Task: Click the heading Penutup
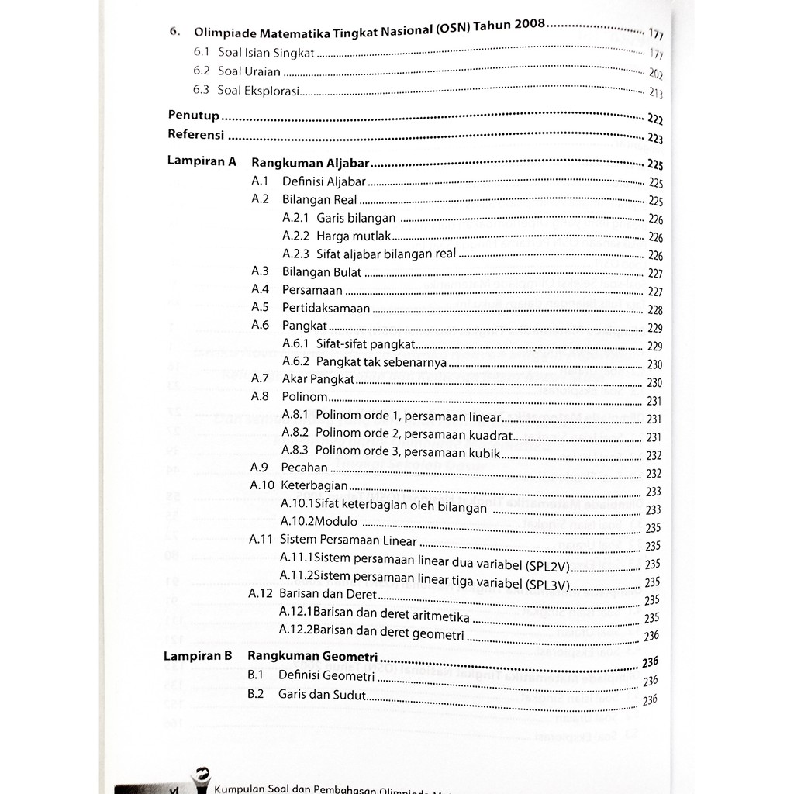(194, 116)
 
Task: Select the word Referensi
(196, 135)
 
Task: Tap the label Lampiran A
(201, 163)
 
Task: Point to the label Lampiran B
(198, 655)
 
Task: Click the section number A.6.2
(295, 361)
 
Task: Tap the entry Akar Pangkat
(318, 380)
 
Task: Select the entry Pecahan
(305, 468)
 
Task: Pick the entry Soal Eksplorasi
(257, 91)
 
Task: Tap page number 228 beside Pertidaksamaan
(654, 309)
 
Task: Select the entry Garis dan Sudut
(322, 694)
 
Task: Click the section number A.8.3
(295, 450)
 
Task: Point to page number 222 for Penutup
(654, 119)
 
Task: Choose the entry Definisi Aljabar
(323, 181)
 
